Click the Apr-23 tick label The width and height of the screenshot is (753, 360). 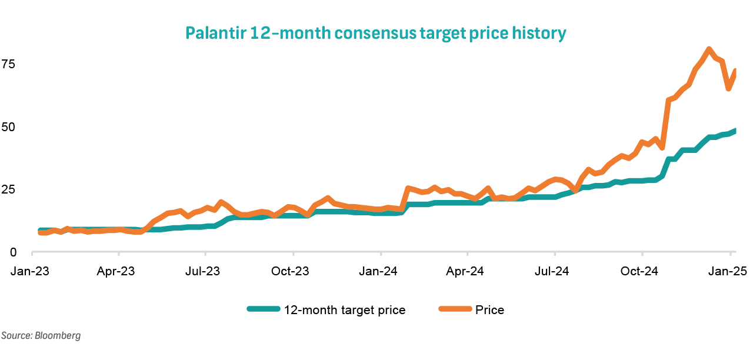[118, 271]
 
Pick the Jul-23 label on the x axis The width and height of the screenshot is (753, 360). [205, 271]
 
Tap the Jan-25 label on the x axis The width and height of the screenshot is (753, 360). [729, 271]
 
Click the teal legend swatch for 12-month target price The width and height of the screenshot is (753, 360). [262, 309]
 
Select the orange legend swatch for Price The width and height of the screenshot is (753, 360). [454, 309]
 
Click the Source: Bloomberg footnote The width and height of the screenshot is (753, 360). [41, 336]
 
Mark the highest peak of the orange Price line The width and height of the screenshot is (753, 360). [709, 49]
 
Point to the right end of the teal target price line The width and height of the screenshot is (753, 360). [735, 131]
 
